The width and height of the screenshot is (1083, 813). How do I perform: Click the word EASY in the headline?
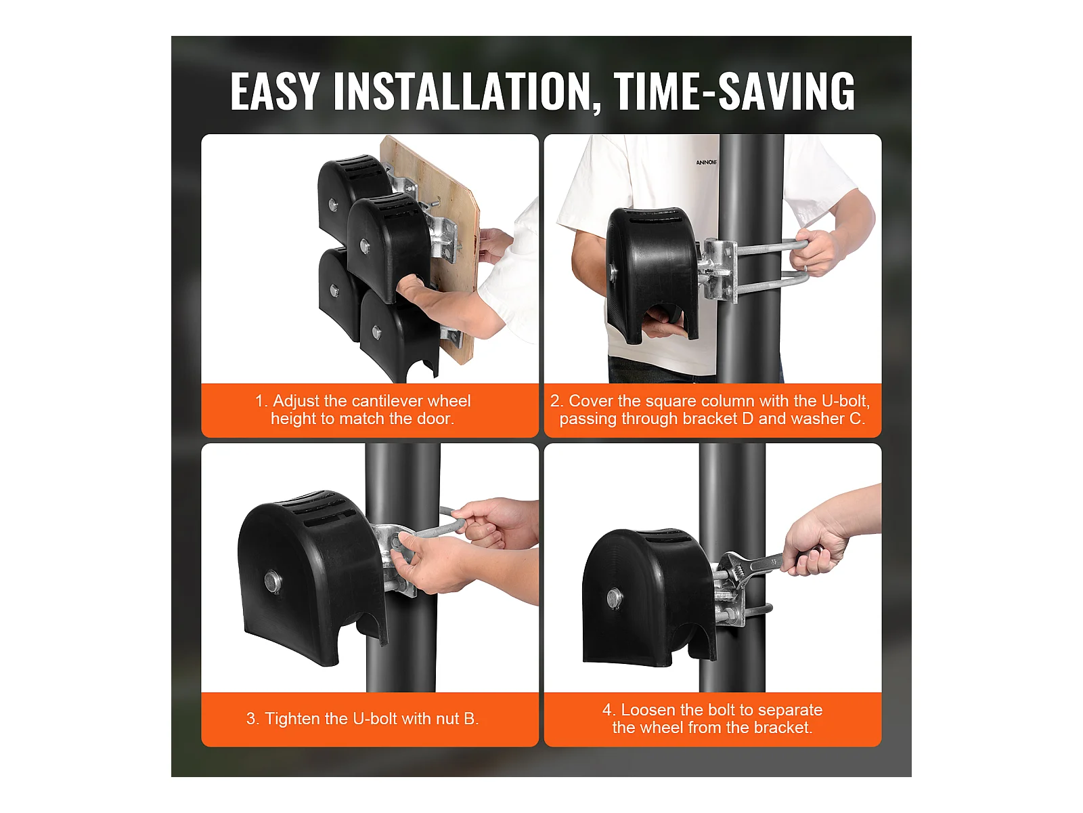[274, 91]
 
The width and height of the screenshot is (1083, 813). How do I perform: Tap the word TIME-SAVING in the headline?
[734, 91]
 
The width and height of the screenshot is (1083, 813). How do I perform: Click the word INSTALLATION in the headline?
[462, 91]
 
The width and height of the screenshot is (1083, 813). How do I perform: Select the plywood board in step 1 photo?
[428, 247]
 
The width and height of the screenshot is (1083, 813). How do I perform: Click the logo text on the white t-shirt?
[707, 163]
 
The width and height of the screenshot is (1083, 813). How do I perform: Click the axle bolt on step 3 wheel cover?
[271, 579]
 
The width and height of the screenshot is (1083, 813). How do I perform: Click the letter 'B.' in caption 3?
[471, 719]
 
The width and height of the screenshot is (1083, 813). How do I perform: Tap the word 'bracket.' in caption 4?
[783, 728]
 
